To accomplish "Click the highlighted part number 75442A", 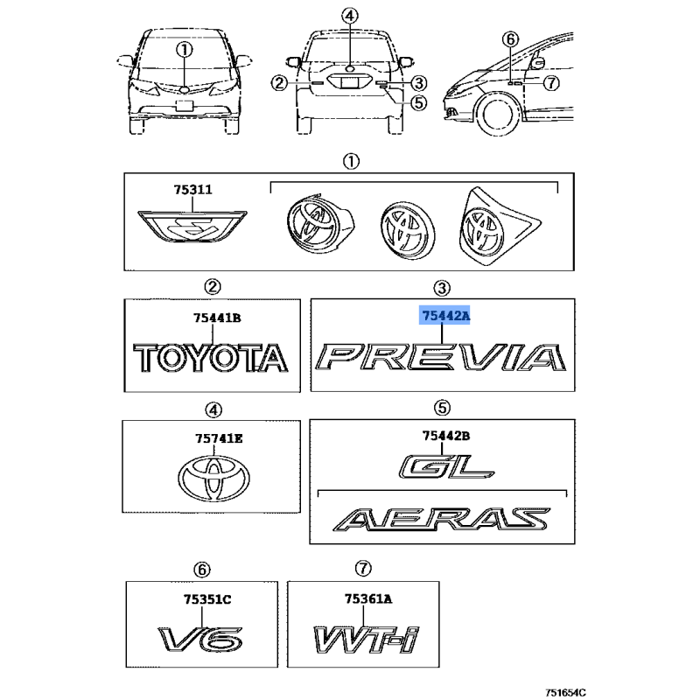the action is click(x=445, y=316).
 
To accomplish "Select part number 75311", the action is click(x=192, y=190).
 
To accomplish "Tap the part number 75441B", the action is click(x=217, y=318).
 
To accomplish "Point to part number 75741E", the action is click(x=219, y=439).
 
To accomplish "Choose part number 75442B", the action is click(x=446, y=435).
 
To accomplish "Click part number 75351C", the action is click(x=207, y=599).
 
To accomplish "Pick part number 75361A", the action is click(x=368, y=598).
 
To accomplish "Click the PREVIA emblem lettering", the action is click(x=441, y=357).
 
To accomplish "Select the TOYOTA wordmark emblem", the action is click(x=211, y=358).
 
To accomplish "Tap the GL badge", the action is click(x=446, y=466).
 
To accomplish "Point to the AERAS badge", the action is click(x=441, y=519).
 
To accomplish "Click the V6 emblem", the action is click(x=200, y=640).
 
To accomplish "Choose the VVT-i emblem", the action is click(x=367, y=640).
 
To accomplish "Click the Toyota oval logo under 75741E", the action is click(x=213, y=478).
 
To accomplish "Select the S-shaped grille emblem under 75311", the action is click(x=192, y=226).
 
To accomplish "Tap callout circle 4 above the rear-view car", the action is click(x=350, y=17).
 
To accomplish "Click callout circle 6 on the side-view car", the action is click(x=510, y=39).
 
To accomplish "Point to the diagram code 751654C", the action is click(x=565, y=692).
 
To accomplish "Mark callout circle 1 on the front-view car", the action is click(x=184, y=50).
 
